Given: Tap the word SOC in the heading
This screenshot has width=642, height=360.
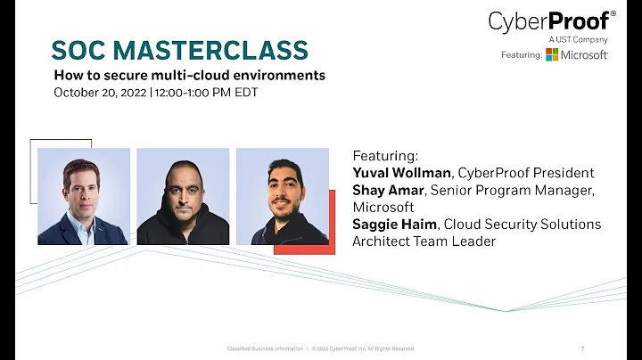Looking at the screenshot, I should (x=80, y=50).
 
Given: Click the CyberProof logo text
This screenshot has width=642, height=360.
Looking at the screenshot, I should (x=549, y=21).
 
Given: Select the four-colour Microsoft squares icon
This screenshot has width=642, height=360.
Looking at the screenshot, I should (x=553, y=55).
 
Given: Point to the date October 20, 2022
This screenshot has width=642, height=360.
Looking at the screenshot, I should (x=100, y=91).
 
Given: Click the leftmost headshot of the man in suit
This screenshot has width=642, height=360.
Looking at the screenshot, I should (x=84, y=196).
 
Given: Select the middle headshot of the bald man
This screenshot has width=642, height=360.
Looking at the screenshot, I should (x=183, y=196).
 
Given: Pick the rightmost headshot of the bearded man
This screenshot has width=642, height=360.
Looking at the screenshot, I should (x=282, y=196).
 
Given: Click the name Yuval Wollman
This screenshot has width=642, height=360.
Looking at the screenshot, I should (x=401, y=173).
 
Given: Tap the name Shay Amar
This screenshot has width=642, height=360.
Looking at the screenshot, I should (x=389, y=190).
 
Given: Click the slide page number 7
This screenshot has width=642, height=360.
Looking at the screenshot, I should (x=582, y=348).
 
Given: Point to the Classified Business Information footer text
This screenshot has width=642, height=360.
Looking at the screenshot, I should (x=264, y=348).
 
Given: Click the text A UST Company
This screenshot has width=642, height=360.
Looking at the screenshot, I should (x=579, y=39).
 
